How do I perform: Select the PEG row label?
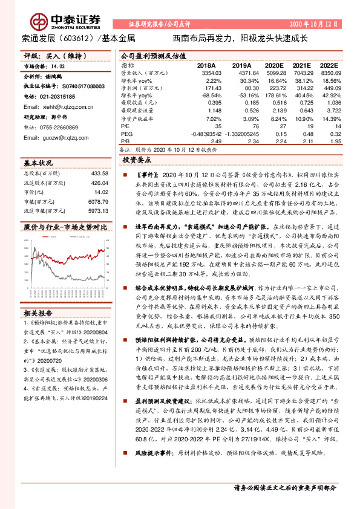click(x=126, y=134)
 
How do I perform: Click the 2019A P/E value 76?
click(x=247, y=126)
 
